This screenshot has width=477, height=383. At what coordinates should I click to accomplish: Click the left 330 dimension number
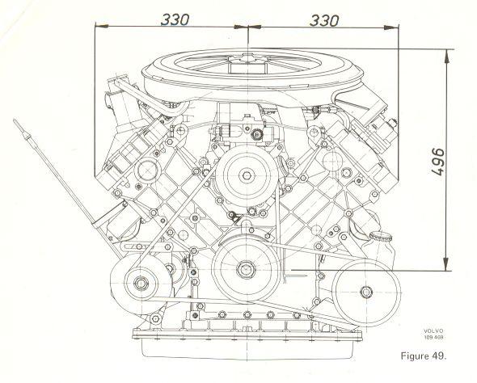[175, 19]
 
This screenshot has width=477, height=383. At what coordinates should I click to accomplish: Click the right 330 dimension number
[323, 20]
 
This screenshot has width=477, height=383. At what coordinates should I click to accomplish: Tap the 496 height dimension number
[438, 162]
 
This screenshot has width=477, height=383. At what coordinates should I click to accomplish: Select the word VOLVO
[434, 331]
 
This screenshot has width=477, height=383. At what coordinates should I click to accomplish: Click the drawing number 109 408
[434, 337]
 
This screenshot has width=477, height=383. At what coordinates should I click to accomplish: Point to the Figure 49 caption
[423, 356]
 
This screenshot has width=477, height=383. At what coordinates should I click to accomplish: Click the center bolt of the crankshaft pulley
[246, 269]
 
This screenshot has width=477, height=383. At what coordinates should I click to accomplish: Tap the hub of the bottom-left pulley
[141, 283]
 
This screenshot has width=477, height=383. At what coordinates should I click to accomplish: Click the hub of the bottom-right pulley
[366, 292]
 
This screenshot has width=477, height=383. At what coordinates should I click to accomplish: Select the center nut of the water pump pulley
[247, 175]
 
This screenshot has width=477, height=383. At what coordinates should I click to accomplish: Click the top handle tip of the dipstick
[15, 121]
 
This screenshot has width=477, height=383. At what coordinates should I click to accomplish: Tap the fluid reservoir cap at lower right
[381, 236]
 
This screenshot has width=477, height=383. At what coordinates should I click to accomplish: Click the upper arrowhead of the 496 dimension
[446, 56]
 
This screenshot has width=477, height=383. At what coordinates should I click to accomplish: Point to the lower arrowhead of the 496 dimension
[446, 263]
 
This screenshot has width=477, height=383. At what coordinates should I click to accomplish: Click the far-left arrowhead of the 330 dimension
[102, 26]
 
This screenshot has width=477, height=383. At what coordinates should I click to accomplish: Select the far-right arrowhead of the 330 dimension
[392, 27]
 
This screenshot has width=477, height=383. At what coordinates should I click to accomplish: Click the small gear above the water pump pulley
[257, 134]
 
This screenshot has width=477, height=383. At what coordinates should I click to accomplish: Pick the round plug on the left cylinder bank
[147, 170]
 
